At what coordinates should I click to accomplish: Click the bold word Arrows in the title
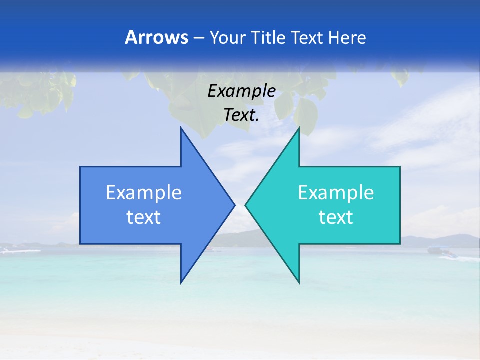pyautogui.click(x=156, y=37)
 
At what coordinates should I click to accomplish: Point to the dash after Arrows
pyautogui.click(x=198, y=38)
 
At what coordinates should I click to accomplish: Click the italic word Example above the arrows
pyautogui.click(x=241, y=91)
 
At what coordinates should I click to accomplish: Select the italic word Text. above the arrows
pyautogui.click(x=241, y=115)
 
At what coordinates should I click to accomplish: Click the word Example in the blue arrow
pyautogui.click(x=144, y=192)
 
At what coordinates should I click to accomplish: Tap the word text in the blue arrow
pyautogui.click(x=144, y=217)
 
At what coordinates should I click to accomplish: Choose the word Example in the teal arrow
pyautogui.click(x=336, y=192)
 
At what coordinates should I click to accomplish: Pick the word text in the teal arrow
pyautogui.click(x=336, y=217)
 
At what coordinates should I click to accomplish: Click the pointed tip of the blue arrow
pyautogui.click(x=234, y=205)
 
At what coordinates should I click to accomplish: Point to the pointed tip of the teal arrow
pyautogui.click(x=245, y=205)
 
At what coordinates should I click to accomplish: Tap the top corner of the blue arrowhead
pyautogui.click(x=181, y=128)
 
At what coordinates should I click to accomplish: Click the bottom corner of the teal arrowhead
pyautogui.click(x=299, y=283)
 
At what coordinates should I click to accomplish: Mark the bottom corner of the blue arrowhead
pyautogui.click(x=181, y=283)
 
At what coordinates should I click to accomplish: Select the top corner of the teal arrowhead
pyautogui.click(x=299, y=128)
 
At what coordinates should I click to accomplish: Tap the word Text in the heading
pyautogui.click(x=307, y=37)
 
